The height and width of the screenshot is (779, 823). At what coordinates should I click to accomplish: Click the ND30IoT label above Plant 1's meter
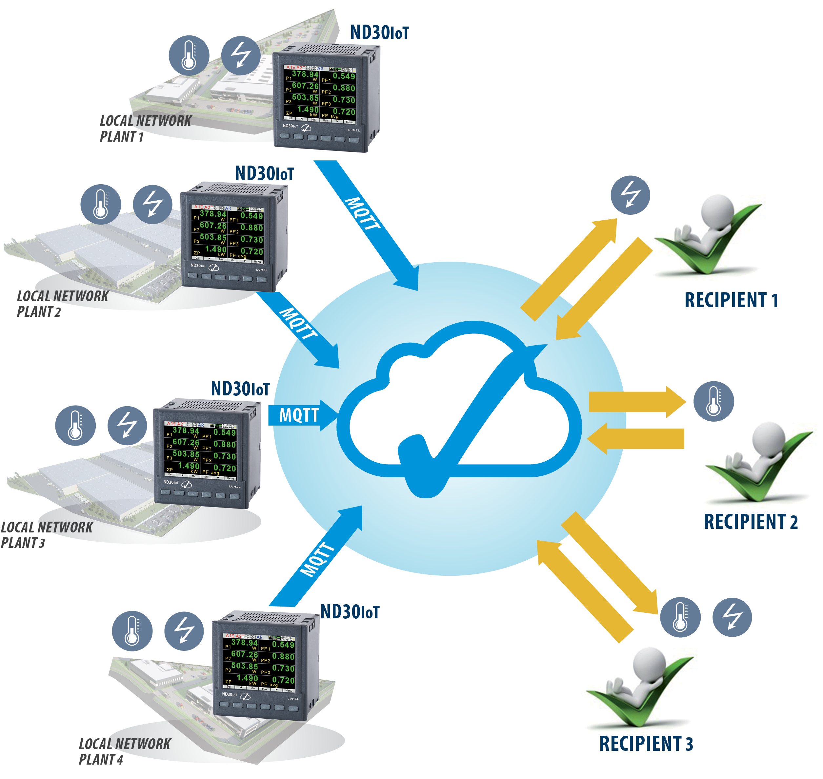tap(379, 32)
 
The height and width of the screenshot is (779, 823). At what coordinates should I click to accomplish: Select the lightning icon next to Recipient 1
tap(630, 195)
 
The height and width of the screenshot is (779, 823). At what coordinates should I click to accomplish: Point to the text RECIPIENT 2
tap(750, 522)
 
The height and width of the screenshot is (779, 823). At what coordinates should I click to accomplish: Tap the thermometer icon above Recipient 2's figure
tap(713, 401)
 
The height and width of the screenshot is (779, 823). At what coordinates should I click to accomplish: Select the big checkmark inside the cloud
tap(469, 419)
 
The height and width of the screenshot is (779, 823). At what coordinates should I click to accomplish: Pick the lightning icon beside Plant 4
tap(184, 630)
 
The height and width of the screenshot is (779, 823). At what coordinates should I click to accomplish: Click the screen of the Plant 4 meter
tap(259, 662)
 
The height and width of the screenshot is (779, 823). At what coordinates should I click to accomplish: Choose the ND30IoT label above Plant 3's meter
tap(240, 389)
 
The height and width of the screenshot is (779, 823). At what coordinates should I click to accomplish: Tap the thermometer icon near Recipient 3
tap(680, 617)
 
